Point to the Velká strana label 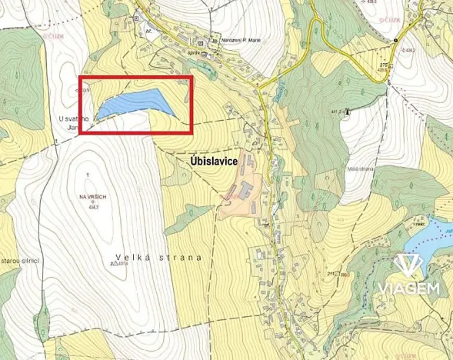[x=159, y=258]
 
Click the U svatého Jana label [x=73, y=123]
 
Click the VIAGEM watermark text [x=408, y=289]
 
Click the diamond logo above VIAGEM [x=408, y=266]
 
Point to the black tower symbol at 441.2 [x=347, y=112]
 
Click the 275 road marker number [x=382, y=65]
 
